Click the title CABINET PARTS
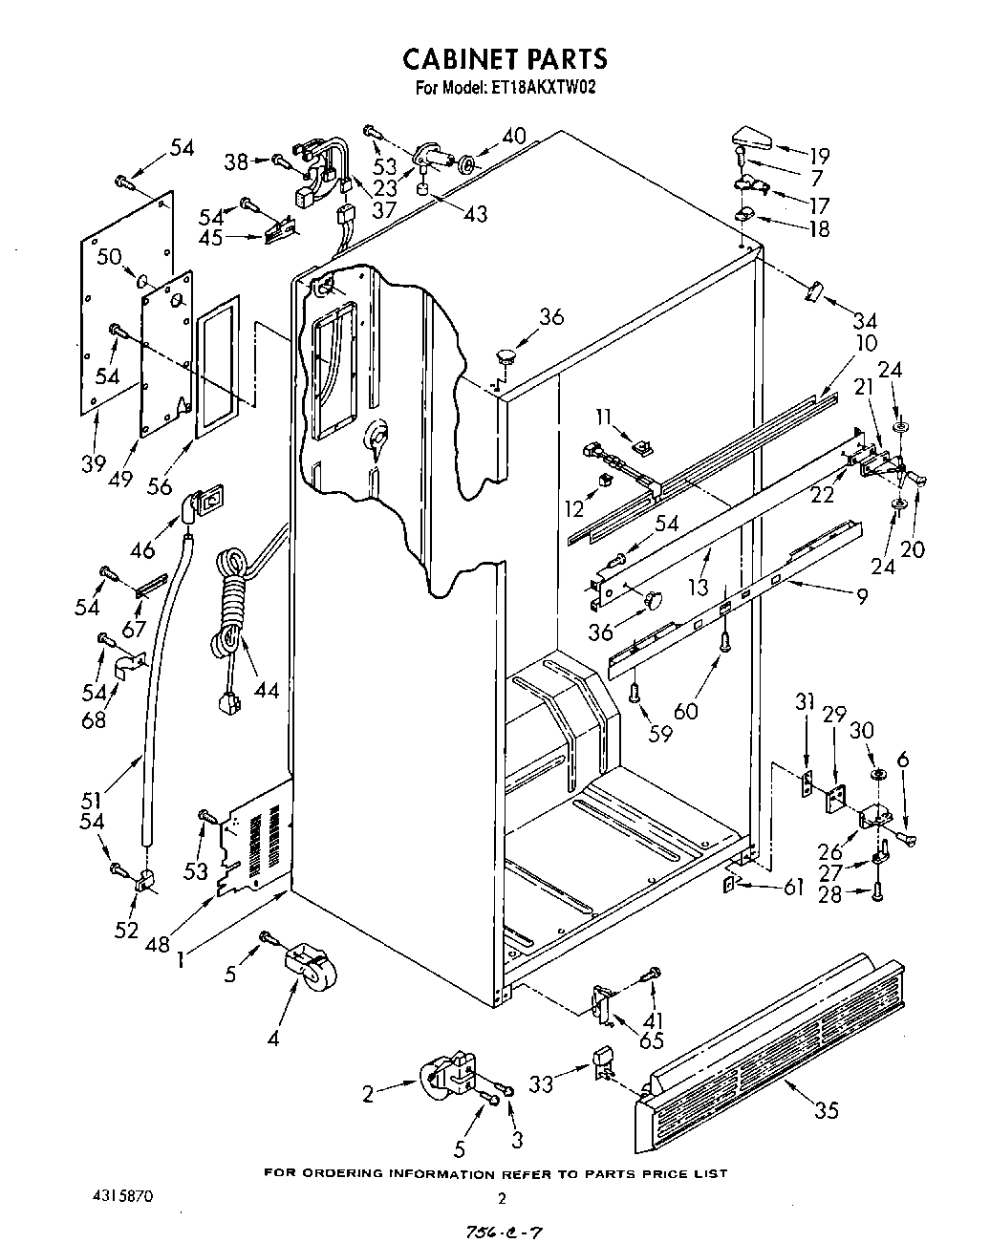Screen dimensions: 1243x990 click(x=504, y=58)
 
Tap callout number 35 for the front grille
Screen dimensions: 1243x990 click(x=827, y=1109)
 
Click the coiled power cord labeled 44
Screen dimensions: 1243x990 click(x=230, y=607)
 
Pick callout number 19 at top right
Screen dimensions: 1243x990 click(x=818, y=156)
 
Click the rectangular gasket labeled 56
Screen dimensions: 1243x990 click(x=217, y=366)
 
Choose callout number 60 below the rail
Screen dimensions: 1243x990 click(x=712, y=710)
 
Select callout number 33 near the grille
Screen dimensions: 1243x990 click(x=541, y=1086)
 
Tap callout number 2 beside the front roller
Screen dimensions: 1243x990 click(x=369, y=1094)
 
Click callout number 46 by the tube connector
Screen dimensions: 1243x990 click(x=143, y=549)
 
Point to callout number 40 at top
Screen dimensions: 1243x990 click(x=514, y=137)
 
